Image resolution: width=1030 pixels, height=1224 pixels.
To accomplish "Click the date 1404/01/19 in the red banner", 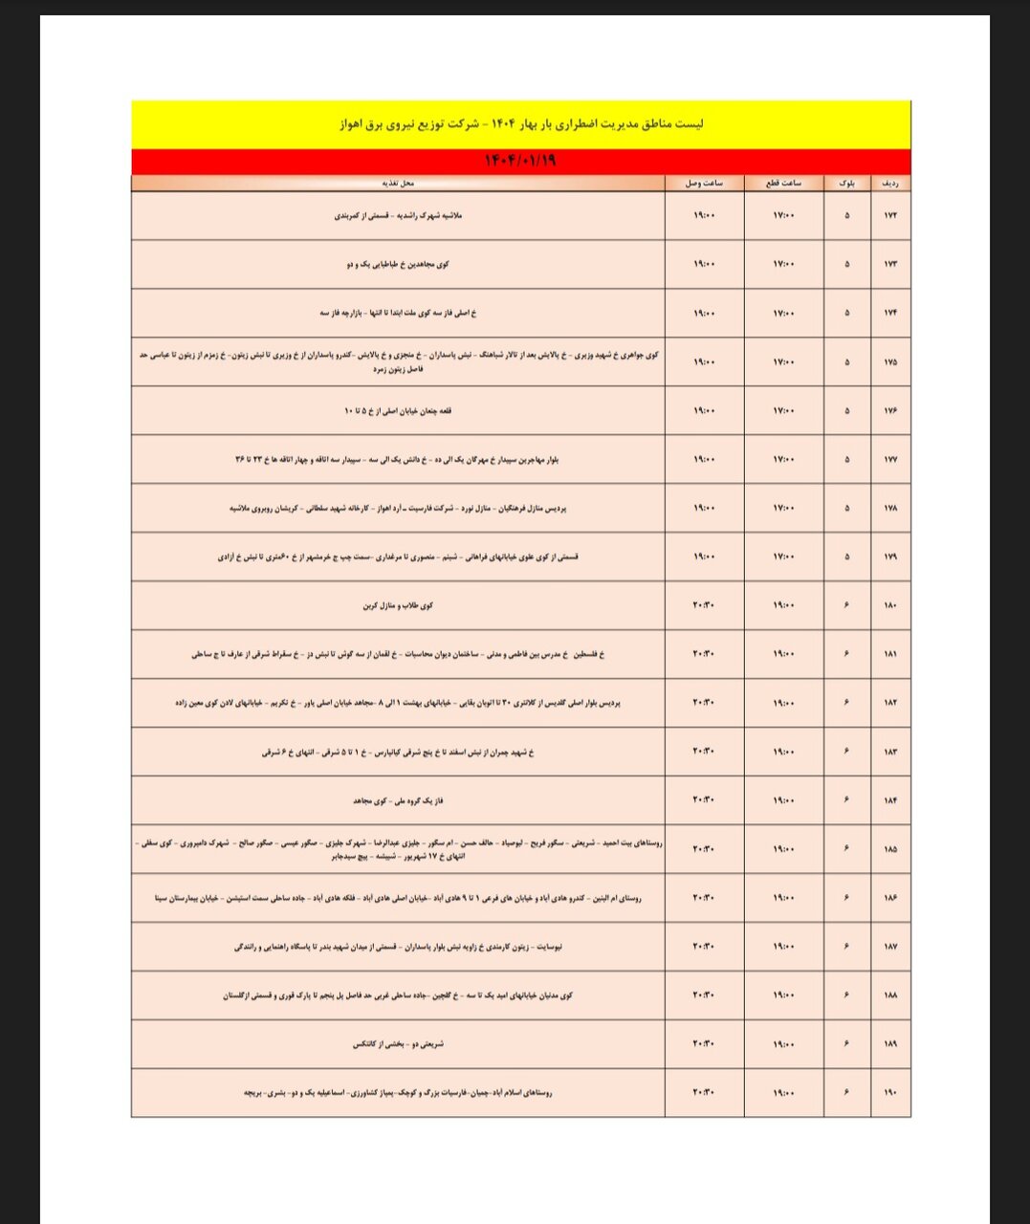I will [x=521, y=162].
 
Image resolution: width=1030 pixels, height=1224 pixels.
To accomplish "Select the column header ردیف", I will [x=890, y=183].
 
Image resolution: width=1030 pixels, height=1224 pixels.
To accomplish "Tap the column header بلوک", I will [x=847, y=183].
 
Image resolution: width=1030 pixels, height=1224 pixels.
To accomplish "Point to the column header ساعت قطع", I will [x=784, y=183].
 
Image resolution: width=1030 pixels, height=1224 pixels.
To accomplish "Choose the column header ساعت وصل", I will [x=704, y=183].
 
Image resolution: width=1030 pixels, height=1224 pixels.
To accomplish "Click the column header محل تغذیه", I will [x=399, y=183].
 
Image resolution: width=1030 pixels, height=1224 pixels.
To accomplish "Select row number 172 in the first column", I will [x=890, y=216].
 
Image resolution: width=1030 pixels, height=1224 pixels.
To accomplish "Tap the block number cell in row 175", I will [x=847, y=362].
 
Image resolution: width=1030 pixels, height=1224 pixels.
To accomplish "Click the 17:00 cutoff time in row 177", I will [x=784, y=460].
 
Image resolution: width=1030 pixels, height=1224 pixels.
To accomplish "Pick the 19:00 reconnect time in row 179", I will [x=704, y=557].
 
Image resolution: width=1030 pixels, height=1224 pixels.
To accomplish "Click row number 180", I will [x=890, y=605].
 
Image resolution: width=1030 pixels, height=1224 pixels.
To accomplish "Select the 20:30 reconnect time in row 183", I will [x=704, y=752].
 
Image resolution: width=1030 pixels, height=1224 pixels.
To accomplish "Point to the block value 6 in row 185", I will [x=847, y=849].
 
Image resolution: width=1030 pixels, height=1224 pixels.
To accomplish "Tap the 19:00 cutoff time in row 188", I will [x=784, y=995].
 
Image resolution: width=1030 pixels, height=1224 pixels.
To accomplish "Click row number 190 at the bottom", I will [x=890, y=1093].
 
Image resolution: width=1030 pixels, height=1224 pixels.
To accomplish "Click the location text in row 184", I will [x=399, y=800].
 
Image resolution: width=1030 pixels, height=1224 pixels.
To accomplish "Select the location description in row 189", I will [x=399, y=1044].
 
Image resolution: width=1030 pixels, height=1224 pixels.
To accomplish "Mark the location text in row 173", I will [x=399, y=265].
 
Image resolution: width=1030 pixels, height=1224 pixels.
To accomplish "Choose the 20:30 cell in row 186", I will [x=704, y=898].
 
